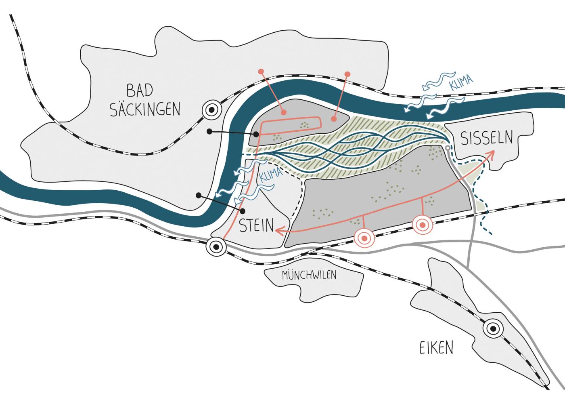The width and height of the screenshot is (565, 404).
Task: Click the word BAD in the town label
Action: pos(140,90)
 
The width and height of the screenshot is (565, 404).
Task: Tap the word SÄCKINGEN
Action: pos(145,109)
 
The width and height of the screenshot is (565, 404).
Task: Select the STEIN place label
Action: pos(257,225)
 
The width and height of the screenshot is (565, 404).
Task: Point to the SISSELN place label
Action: pos(486,138)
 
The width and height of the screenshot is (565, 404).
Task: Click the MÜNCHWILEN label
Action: pos(309,276)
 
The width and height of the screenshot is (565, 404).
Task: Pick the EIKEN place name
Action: pos(436,348)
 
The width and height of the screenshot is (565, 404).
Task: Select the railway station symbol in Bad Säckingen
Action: pos(212,109)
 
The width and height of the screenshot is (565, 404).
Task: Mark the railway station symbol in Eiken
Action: pos(493,329)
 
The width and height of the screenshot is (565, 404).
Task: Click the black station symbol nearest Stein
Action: pos(216,246)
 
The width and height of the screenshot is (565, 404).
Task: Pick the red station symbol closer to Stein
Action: pos(364,239)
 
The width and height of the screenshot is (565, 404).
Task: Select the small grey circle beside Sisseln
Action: pos(447,149)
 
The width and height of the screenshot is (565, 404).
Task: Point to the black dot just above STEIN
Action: pos(243,211)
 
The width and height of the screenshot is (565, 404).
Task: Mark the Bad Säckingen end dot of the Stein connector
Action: pos(198,196)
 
